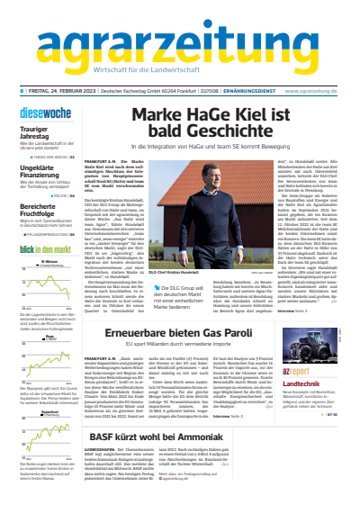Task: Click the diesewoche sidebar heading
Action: [x=36, y=113]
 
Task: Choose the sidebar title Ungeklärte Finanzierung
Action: [x=38, y=169]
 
